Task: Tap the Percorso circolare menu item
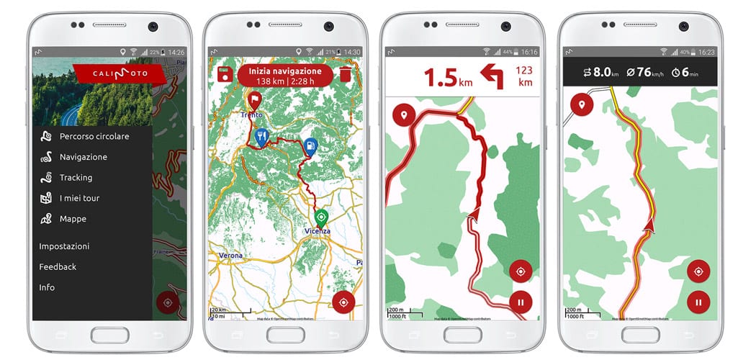point(94,136)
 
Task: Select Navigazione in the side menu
point(83,157)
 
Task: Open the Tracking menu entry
point(76,177)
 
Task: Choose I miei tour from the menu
point(79,198)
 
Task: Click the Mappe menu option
point(73,219)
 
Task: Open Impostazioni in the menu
point(64,246)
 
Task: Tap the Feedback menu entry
point(58,266)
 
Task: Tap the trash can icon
point(346,75)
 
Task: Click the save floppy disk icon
point(224,75)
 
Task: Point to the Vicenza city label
point(317,231)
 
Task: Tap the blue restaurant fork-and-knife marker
point(262,136)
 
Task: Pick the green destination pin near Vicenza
point(321,217)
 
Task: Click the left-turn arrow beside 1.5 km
point(492,76)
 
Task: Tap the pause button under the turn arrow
point(521,302)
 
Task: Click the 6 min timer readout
point(690,72)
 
